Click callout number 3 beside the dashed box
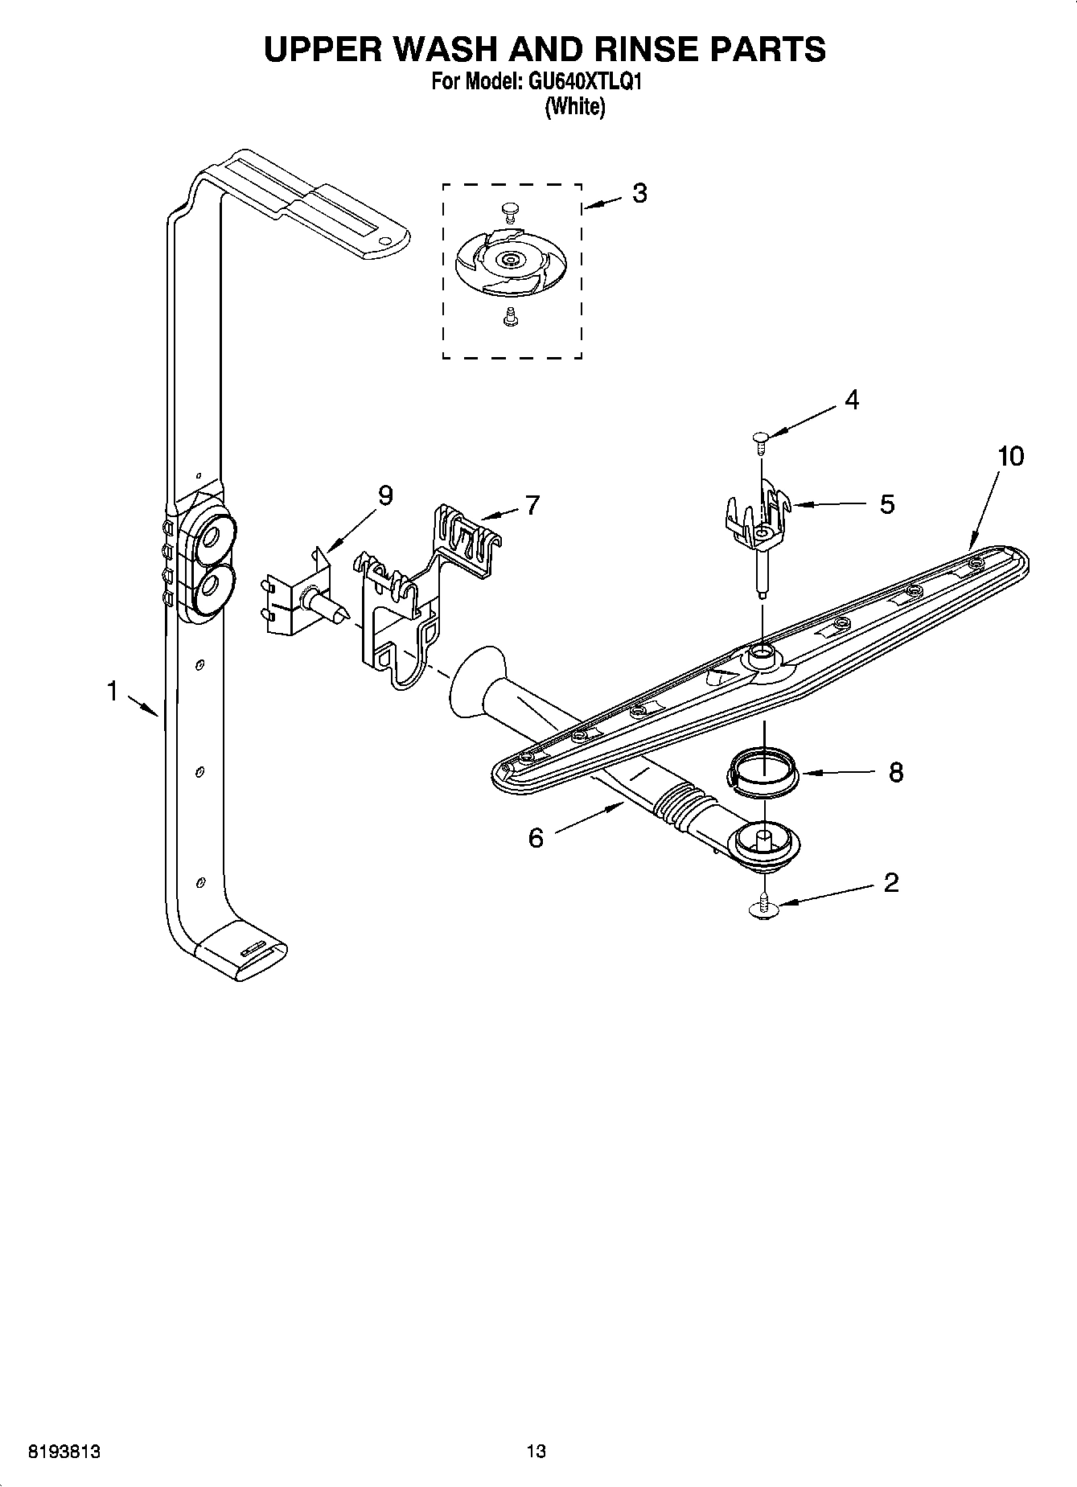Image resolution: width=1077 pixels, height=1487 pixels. pos(639,193)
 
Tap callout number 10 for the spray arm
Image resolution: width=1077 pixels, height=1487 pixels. pos(1011,456)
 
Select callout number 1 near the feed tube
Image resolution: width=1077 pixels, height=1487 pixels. pos(113,690)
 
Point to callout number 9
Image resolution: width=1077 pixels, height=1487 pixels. pos(385,496)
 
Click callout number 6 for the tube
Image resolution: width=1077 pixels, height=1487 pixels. pos(536,838)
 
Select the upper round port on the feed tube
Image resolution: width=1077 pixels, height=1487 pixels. pos(214,537)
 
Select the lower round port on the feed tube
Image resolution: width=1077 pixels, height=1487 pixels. pos(213,588)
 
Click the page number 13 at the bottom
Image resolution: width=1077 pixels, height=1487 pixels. pos(536,1452)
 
